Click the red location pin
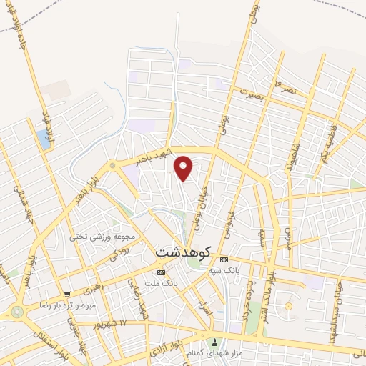click(184, 168)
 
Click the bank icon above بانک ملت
click(161, 272)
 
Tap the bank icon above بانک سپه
click(224, 259)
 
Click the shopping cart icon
click(67, 294)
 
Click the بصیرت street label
click(252, 93)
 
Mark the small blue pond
click(44, 139)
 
